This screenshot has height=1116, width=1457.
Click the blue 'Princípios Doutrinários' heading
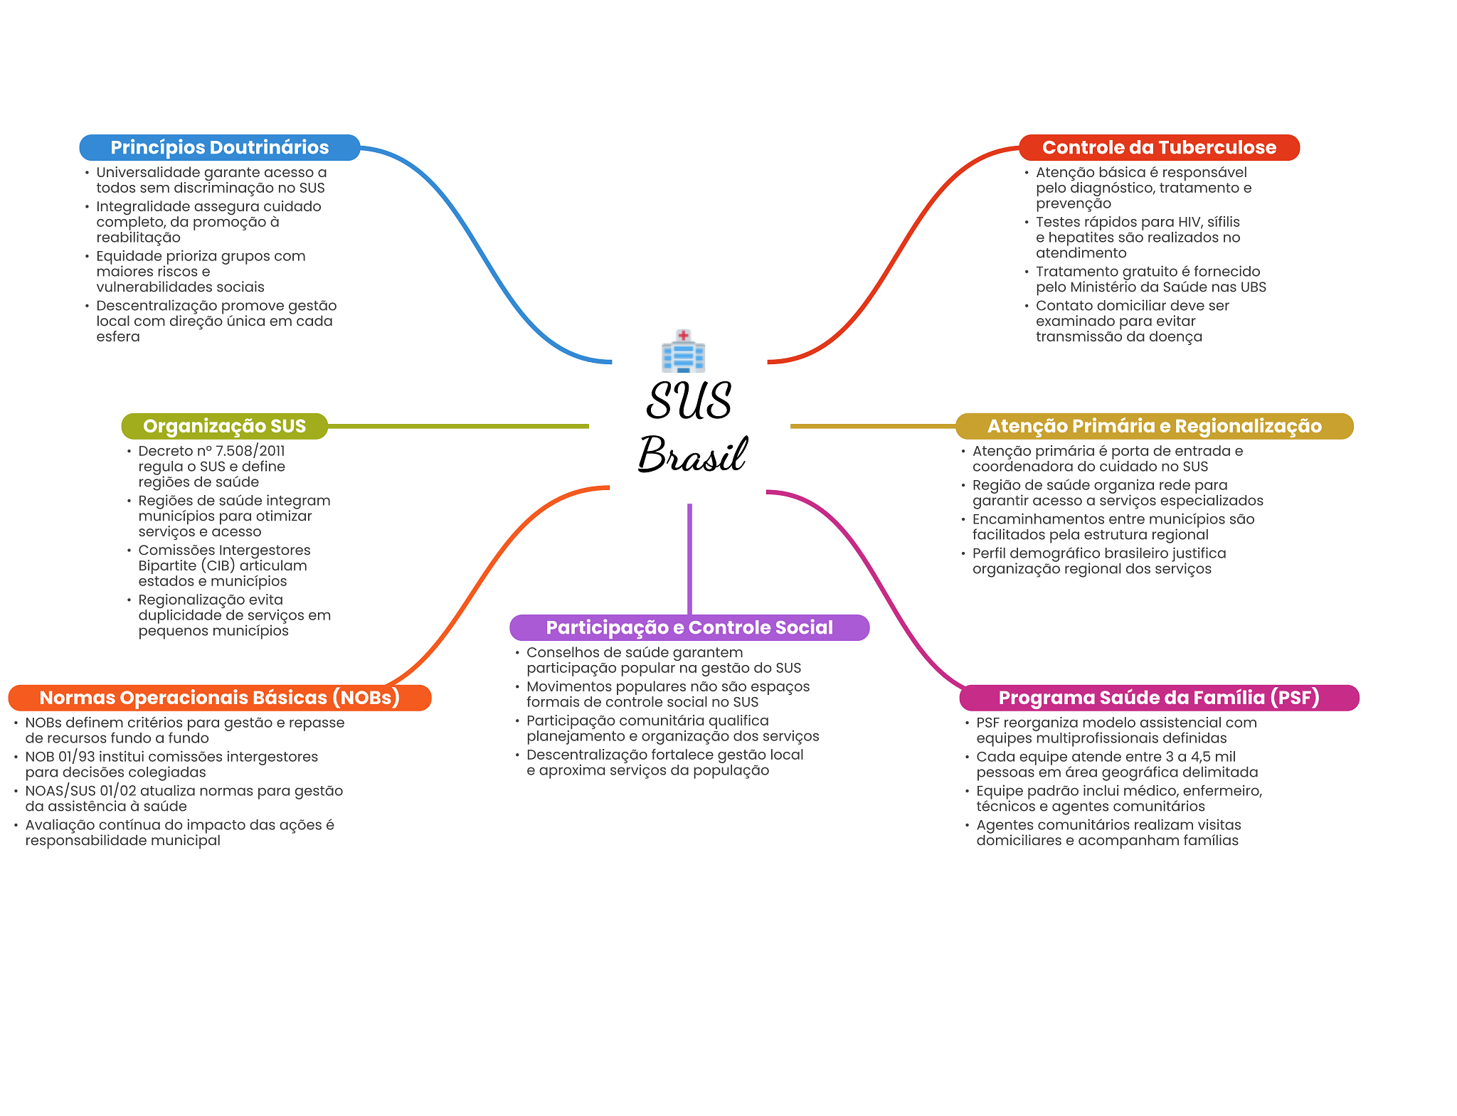[x=219, y=147]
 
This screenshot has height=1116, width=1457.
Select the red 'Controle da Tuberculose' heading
[x=1159, y=147]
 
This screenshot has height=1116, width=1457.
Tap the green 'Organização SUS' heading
[x=224, y=426]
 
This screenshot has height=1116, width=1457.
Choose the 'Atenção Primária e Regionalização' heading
[x=1154, y=426]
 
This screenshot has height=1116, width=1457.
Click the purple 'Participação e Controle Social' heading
[x=689, y=627]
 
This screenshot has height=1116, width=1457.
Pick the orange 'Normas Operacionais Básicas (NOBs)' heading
[x=219, y=698]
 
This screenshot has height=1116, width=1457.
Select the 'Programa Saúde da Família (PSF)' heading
[x=1159, y=698]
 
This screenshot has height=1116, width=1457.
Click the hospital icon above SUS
[x=683, y=351]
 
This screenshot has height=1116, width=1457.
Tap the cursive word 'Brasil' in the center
[x=692, y=455]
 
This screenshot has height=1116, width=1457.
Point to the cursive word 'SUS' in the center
[x=689, y=401]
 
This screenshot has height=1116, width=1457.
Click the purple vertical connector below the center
[x=689, y=558]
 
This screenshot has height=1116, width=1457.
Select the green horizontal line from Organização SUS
[x=458, y=426]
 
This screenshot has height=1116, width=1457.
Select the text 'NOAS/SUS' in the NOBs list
[x=60, y=791]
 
